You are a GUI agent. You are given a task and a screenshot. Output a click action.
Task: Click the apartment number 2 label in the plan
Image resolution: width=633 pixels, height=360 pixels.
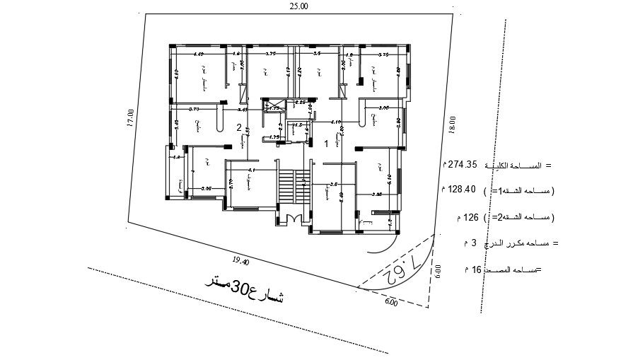239,128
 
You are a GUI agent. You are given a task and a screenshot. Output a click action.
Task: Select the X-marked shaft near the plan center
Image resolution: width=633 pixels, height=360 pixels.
272,106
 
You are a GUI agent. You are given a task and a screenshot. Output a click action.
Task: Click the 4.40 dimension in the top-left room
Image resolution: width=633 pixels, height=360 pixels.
198,54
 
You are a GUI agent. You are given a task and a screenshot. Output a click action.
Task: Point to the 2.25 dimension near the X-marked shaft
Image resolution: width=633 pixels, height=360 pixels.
300,103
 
